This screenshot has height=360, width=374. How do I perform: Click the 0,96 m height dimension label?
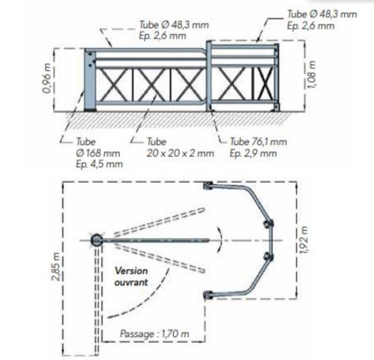[47, 78]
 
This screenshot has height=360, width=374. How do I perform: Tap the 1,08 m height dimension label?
[311, 74]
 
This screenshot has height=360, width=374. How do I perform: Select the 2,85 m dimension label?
[56, 266]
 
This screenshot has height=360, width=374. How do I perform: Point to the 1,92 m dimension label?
[303, 240]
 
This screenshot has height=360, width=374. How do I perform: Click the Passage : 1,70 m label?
[154, 334]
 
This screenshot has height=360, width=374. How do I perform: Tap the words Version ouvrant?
[131, 276]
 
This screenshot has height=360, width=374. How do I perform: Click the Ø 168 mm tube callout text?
[98, 153]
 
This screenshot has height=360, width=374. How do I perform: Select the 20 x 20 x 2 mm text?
[180, 153]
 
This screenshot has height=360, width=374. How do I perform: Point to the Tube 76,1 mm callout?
[258, 142]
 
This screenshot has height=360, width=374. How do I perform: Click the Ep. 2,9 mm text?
[253, 153]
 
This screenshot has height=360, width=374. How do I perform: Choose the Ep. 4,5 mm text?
[99, 164]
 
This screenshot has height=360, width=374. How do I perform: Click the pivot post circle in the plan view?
[96, 240]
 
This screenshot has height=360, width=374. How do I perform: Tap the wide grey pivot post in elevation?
[90, 80]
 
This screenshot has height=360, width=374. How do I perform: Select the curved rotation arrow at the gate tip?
[220, 240]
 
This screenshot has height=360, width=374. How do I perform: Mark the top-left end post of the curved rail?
[208, 185]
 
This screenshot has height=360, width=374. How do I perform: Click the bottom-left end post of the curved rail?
[208, 295]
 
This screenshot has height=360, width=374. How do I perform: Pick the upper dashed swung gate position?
[159, 222]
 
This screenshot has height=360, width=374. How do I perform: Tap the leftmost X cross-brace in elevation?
[114, 85]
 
